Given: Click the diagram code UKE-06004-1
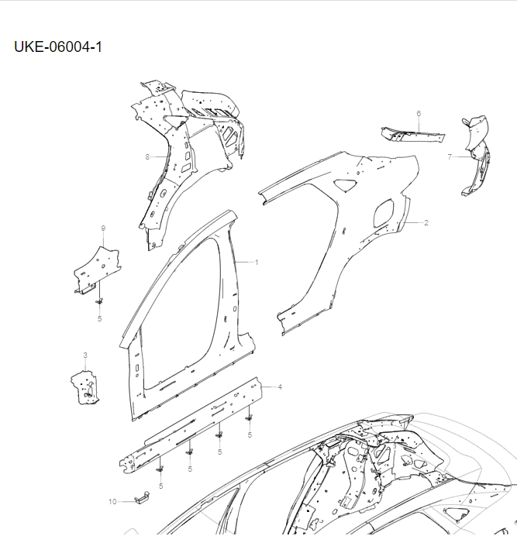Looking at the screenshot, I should (x=57, y=47).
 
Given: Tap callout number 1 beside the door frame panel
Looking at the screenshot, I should (x=257, y=262).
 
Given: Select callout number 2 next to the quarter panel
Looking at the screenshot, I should (x=426, y=222).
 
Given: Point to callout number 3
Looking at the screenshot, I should (x=85, y=355).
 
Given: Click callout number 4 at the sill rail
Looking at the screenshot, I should (x=280, y=386).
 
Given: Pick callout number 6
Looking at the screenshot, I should (x=419, y=114).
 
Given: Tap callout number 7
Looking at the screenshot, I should (x=450, y=156).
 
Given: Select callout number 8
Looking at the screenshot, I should (x=147, y=156).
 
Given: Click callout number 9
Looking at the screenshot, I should (x=103, y=228).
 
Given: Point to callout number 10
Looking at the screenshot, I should (x=112, y=502).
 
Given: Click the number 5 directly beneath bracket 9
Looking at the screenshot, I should (x=99, y=318).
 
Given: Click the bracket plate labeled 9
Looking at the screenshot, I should (x=98, y=268).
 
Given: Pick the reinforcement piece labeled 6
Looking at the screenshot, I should (x=411, y=136).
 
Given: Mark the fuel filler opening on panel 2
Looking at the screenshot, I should (x=383, y=214).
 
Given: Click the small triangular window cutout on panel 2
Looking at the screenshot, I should (x=345, y=184).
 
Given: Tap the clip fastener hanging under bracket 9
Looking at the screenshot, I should (x=99, y=299).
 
